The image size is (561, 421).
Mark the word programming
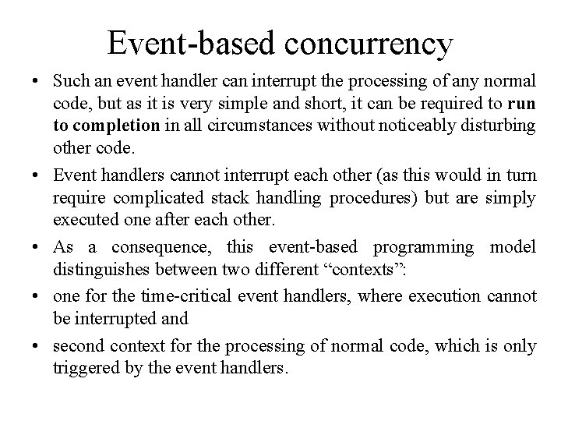pyautogui.click(x=423, y=247)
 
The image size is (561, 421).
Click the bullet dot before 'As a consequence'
pyautogui.click(x=36, y=248)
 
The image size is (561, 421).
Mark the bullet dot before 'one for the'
pyautogui.click(x=36, y=296)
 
